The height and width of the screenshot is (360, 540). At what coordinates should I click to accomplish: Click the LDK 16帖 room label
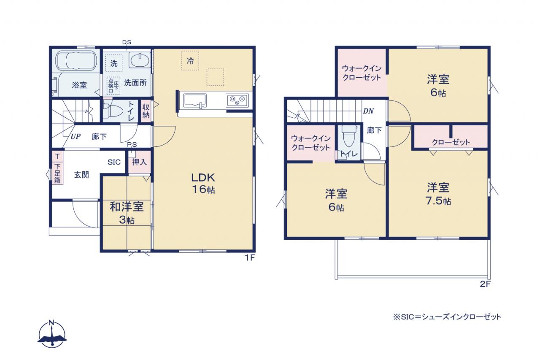coord(203,184)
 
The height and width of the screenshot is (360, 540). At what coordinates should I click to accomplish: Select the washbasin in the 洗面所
coord(140,60)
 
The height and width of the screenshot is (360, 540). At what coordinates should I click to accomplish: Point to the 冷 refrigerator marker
coord(190,60)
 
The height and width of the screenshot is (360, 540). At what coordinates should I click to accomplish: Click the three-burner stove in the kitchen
coord(237,100)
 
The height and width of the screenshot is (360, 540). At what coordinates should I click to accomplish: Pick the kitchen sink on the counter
coord(195,100)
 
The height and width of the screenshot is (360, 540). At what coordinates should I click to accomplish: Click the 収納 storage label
coord(146,111)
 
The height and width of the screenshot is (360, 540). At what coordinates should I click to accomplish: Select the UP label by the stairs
coord(76,136)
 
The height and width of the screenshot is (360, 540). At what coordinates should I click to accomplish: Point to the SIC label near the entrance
coord(114,162)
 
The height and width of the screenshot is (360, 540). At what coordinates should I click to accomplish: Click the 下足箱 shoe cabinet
coord(57,173)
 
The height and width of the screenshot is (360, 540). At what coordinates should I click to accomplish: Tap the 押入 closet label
coord(139,162)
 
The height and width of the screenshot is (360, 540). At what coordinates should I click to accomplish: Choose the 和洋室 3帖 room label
coord(127,213)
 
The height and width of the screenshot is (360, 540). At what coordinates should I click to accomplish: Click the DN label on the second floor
coord(368,111)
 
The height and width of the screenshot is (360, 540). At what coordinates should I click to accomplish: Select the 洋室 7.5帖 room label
coord(438,194)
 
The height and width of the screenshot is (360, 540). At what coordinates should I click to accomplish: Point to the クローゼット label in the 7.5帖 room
coord(451,142)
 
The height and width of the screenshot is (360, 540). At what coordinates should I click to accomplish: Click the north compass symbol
coord(52,335)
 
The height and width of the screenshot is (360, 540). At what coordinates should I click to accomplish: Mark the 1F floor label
coord(250,258)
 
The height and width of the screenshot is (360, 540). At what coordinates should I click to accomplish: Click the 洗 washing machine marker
coord(114,63)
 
